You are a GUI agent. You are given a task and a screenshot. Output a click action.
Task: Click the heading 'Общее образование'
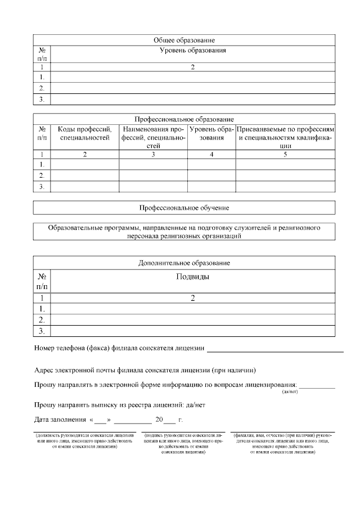coord(184,40)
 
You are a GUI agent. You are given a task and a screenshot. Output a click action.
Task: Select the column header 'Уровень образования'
coord(192,51)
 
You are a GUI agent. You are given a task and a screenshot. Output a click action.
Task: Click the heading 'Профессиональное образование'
coord(184,119)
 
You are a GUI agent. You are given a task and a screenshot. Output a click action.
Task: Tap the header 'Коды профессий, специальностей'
coord(84,133)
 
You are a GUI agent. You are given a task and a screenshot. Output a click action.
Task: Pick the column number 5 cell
coord(285,154)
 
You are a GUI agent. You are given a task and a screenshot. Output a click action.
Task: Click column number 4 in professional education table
coord(211,154)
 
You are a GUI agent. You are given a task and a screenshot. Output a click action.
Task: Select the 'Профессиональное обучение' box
coord(184,208)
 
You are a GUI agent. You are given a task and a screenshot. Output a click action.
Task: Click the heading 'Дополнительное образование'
coord(184,263)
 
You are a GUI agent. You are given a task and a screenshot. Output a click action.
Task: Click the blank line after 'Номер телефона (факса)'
coord(275,350)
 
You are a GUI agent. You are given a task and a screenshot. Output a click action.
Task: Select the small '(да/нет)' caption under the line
coord(289,391)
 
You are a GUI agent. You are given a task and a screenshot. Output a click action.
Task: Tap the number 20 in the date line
coord(159,420)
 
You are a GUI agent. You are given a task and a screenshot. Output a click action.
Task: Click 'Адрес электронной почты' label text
coord(73,370)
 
